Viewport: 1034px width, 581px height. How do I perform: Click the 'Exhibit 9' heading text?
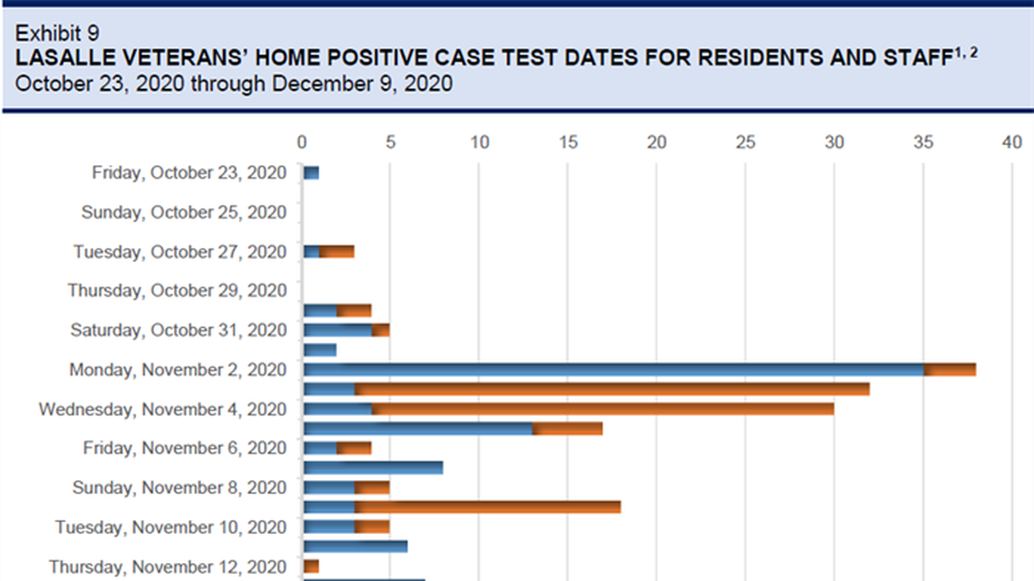tap(57, 34)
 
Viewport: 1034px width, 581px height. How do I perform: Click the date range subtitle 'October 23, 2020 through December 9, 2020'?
tap(234, 83)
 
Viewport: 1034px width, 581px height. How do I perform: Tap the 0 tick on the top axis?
tap(302, 142)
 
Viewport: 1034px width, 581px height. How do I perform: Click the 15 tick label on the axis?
tap(568, 142)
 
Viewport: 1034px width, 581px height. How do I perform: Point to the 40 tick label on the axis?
tap(1012, 142)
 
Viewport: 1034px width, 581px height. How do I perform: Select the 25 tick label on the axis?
tap(745, 142)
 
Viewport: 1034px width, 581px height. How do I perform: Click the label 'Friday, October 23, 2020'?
tap(189, 173)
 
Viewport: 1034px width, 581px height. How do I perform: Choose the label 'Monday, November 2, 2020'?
tap(178, 370)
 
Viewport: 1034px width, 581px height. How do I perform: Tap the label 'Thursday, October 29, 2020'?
tap(177, 291)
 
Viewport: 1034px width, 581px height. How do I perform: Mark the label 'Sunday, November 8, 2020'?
tap(180, 488)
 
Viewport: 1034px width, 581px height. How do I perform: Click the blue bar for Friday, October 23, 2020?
tap(311, 173)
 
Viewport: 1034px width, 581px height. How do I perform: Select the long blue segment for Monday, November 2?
tap(613, 370)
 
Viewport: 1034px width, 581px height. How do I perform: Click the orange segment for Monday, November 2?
tap(950, 370)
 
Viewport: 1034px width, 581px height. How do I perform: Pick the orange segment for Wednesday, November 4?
tap(602, 409)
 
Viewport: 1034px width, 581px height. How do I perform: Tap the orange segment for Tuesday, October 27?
tap(337, 251)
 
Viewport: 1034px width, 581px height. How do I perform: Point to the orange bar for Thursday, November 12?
tap(311, 566)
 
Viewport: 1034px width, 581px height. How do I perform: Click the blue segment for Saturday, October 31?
tap(337, 330)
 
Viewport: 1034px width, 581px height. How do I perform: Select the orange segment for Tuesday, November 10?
tap(372, 527)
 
